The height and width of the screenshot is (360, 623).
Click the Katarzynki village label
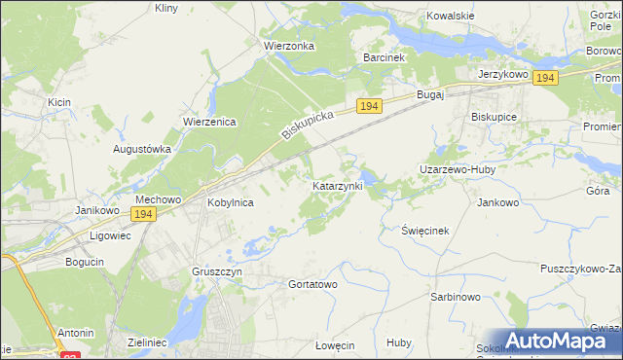click(338, 185)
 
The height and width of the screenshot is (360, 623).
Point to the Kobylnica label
click(231, 202)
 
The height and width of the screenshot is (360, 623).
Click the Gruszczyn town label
click(216, 272)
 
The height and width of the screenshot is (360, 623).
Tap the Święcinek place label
click(424, 231)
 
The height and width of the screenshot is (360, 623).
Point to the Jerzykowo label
click(502, 74)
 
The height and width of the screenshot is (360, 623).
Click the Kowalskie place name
click(451, 17)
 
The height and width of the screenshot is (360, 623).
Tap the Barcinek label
click(384, 57)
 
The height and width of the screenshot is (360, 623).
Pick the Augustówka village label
click(142, 149)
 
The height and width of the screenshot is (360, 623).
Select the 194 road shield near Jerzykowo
click(545, 78)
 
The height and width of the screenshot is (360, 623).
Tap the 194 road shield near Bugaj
click(368, 106)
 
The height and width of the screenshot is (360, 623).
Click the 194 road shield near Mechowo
click(143, 214)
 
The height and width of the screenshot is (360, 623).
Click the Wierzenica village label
click(204, 122)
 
